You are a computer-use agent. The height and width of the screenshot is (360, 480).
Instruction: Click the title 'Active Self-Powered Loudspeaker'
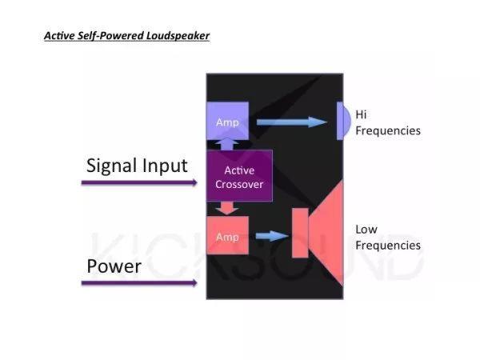click(x=126, y=36)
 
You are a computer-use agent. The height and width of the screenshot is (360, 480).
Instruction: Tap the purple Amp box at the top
click(x=228, y=122)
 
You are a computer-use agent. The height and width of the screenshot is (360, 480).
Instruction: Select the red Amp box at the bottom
click(x=228, y=236)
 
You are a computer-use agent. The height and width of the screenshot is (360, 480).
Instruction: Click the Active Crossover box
click(x=240, y=178)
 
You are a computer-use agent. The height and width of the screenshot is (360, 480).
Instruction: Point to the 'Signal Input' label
click(x=137, y=166)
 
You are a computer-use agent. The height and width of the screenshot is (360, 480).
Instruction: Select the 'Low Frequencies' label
click(x=387, y=237)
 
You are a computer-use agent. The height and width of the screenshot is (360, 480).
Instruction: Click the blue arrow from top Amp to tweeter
click(x=292, y=122)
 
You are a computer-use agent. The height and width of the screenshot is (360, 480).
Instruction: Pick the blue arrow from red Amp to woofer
click(x=274, y=236)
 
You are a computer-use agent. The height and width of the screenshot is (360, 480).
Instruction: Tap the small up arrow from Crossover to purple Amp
click(x=228, y=142)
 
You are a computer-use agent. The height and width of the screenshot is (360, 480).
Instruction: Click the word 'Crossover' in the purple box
click(x=240, y=185)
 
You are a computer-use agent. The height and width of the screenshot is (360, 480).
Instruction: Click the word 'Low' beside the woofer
click(x=366, y=230)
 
